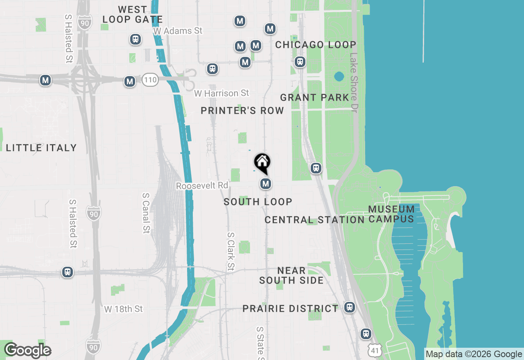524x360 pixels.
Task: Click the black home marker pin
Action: coord(262,163)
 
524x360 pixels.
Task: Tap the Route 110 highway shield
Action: coord(150,79)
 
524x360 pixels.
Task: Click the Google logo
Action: coord(27,351)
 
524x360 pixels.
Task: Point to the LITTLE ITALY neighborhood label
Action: coord(41,148)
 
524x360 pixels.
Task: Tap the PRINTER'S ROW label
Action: coord(242,110)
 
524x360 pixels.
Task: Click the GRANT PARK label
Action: coord(314,97)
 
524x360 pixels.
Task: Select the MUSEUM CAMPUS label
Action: coord(391,214)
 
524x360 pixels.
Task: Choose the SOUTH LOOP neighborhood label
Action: coord(258,202)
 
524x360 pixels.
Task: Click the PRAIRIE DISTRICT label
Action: coord(290,308)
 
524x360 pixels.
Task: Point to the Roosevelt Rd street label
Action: coord(202,186)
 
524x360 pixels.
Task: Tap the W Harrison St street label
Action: coord(221,93)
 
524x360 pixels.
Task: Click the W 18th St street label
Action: coord(124,309)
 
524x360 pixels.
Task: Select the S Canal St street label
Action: coord(146,213)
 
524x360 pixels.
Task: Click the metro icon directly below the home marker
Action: coord(266,184)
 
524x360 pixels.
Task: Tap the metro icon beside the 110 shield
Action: coord(130,81)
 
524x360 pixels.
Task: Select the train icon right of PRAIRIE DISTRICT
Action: coord(349,307)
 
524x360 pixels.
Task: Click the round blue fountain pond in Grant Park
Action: coord(339,76)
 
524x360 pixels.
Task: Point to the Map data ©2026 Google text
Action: coord(473,354)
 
